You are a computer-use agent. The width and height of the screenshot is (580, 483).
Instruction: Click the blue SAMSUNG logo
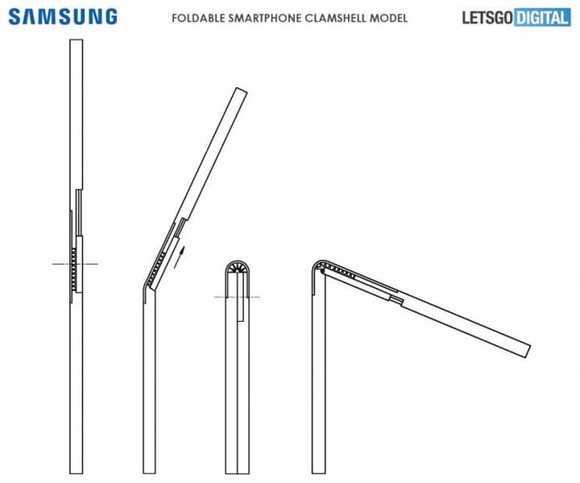click(x=63, y=17)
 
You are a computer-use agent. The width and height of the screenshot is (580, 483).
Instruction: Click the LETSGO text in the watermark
click(x=487, y=18)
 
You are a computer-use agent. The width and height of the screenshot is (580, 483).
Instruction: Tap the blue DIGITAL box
click(x=542, y=18)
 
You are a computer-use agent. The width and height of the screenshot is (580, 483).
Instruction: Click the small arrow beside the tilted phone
click(x=179, y=257)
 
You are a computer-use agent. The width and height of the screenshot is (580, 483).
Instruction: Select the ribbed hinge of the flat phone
click(x=74, y=269)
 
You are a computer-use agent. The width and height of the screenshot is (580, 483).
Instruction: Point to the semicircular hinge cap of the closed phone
click(x=238, y=268)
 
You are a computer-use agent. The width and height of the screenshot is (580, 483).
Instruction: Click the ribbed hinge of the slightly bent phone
click(x=156, y=268)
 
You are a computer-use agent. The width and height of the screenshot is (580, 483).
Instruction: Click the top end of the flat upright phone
click(x=77, y=40)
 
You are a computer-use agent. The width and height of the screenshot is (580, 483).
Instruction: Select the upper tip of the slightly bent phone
click(x=242, y=90)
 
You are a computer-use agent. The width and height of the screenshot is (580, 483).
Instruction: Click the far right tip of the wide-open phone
click(x=528, y=352)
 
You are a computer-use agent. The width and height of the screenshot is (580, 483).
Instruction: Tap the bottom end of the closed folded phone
click(x=238, y=473)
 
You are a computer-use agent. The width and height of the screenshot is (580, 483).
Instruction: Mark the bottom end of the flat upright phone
click(x=77, y=473)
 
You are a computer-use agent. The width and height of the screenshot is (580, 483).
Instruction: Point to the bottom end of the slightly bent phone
click(x=150, y=473)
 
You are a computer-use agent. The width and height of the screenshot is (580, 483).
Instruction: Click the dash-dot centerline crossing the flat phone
click(x=75, y=264)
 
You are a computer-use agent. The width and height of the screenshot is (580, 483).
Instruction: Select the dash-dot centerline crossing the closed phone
click(x=237, y=297)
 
